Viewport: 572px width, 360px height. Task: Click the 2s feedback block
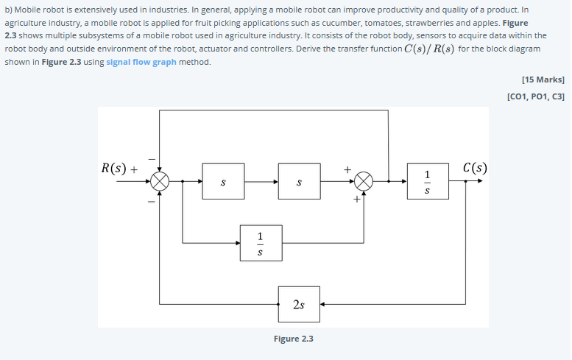point(299,303)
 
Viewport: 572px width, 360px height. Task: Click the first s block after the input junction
point(224,181)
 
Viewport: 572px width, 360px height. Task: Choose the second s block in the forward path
point(299,181)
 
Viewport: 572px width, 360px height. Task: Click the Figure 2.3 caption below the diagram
point(293,339)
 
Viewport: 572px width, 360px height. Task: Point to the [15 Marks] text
point(542,79)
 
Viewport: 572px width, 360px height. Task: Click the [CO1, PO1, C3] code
point(536,96)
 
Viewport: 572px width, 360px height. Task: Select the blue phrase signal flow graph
point(140,62)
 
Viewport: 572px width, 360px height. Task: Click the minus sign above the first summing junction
point(152,158)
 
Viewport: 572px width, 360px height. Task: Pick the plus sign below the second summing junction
point(356,199)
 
